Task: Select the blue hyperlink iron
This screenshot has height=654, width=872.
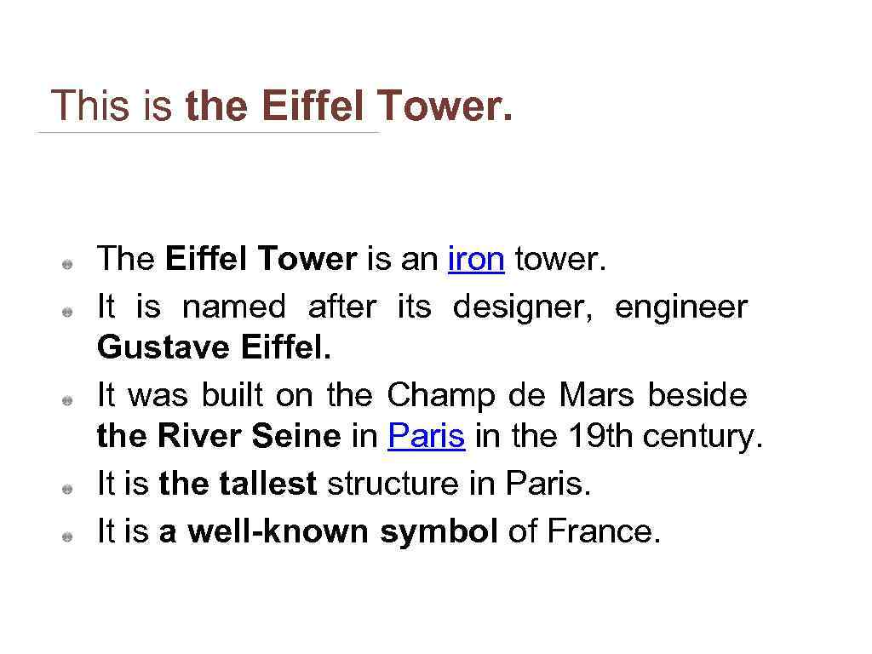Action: [476, 259]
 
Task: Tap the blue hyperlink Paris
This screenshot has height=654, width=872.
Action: [427, 437]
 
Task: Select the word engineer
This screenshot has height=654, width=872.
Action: [681, 307]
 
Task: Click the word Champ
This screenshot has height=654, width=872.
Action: [441, 395]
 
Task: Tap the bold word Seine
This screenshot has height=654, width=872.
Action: [295, 437]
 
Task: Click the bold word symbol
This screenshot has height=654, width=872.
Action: [439, 531]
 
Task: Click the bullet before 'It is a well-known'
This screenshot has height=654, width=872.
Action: [66, 536]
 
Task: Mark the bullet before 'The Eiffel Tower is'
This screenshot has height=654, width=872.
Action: [66, 264]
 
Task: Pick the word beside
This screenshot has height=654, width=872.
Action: [697, 395]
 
